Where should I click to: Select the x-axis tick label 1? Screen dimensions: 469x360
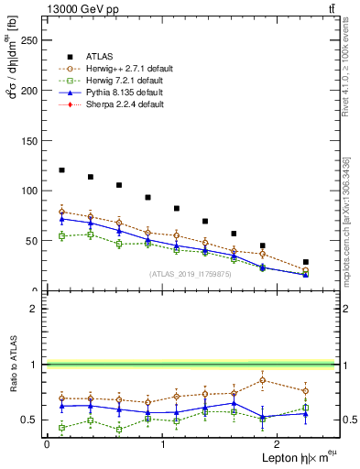click(163, 445)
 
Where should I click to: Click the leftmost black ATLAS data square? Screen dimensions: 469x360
click(61, 170)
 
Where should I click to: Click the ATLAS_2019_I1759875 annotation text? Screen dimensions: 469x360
click(191, 274)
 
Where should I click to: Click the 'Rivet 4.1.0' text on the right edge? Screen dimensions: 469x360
click(345, 73)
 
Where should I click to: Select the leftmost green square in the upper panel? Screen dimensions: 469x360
click(61, 236)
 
